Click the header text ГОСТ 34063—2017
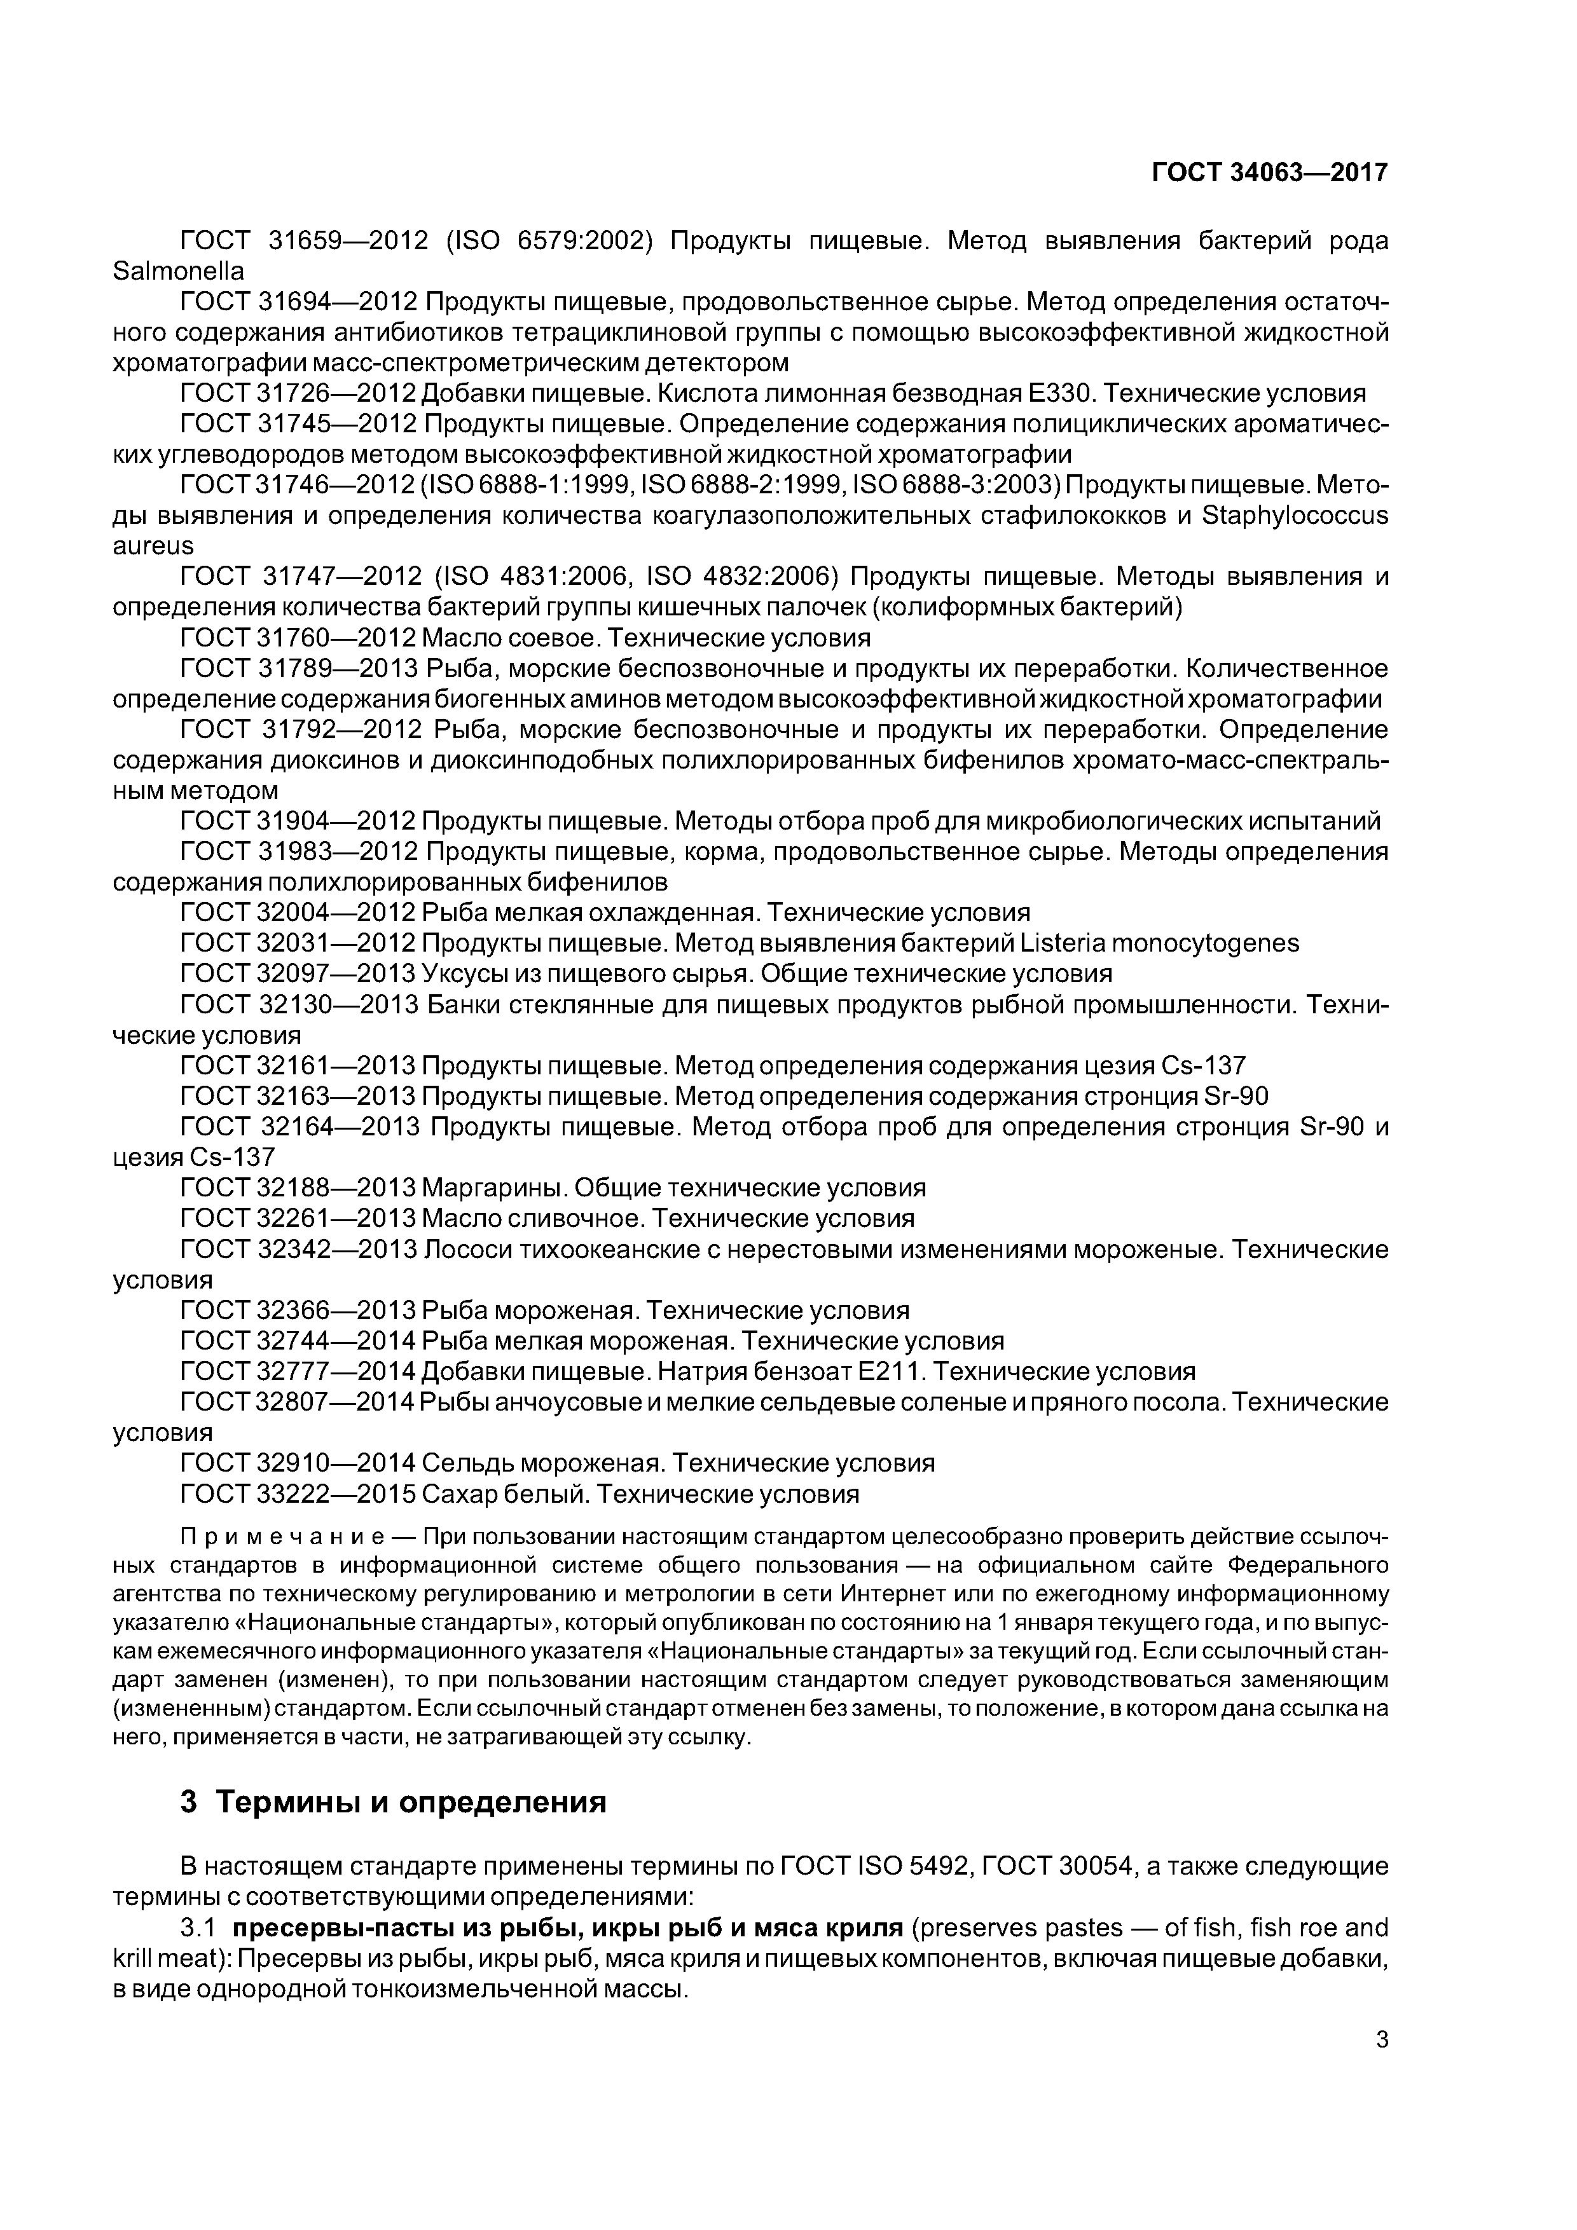[1269, 173]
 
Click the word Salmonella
[178, 271]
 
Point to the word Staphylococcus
[1294, 515]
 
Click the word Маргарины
[495, 1188]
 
